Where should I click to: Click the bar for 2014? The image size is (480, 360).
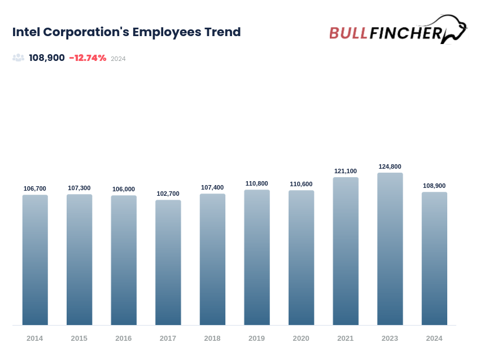(35, 260)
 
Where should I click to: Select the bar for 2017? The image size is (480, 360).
(168, 262)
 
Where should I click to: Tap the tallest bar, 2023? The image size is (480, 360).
(390, 249)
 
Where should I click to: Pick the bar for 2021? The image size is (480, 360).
(346, 251)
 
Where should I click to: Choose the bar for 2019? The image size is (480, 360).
(257, 257)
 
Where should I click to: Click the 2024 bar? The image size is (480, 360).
(434, 258)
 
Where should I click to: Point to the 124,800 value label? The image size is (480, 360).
(390, 166)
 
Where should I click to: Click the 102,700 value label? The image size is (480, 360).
(168, 194)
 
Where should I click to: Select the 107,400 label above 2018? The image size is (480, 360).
(212, 187)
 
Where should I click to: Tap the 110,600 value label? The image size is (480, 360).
(301, 184)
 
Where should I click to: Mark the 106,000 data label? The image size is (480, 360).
(124, 189)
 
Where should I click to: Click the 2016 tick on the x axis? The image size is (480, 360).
(124, 339)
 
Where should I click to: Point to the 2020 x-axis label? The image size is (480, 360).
(301, 339)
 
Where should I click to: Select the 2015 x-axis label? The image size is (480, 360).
(79, 339)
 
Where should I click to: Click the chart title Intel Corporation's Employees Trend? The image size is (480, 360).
(126, 32)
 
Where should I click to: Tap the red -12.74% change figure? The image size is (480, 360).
(88, 58)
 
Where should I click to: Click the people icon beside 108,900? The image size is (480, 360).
(19, 58)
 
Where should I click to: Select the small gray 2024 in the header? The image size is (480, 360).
(118, 59)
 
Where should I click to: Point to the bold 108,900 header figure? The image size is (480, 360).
(47, 58)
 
